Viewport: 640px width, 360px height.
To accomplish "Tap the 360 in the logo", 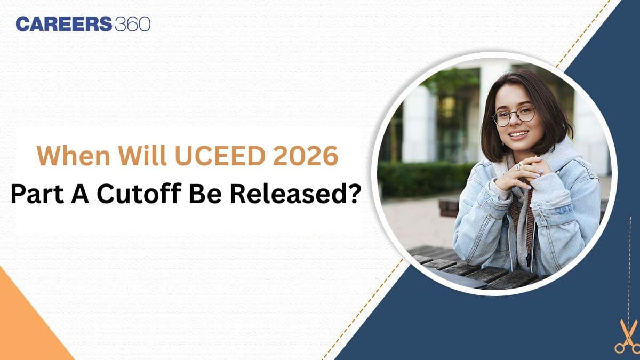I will click(x=133, y=24).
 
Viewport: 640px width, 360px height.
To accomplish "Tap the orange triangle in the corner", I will click(x=24, y=328).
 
